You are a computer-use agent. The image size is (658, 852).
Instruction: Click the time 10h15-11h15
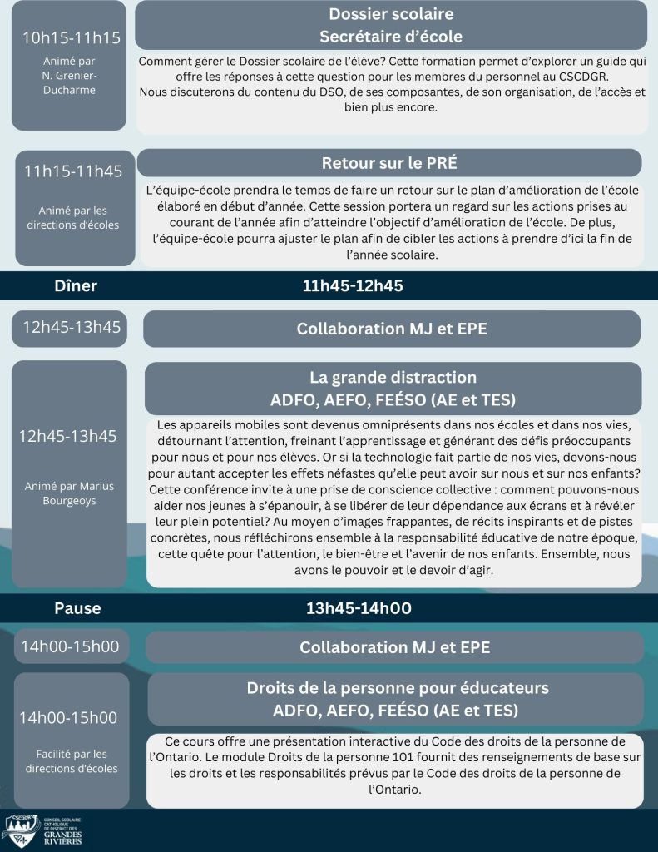(x=72, y=37)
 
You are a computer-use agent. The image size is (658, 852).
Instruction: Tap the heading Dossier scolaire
(x=391, y=14)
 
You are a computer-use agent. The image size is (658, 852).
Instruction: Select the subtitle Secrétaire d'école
(x=391, y=37)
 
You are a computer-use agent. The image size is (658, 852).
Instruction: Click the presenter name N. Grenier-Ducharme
(x=70, y=82)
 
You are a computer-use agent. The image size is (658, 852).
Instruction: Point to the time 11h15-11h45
(x=73, y=171)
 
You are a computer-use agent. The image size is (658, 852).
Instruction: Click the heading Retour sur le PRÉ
(x=389, y=163)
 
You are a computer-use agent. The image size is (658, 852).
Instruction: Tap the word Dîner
(x=76, y=286)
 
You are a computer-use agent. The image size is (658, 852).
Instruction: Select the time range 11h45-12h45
(x=353, y=286)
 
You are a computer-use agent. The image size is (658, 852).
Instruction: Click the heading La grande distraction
(x=393, y=377)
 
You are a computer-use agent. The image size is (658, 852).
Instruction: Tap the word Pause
(x=77, y=608)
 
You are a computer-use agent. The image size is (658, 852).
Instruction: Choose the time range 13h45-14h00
(x=359, y=608)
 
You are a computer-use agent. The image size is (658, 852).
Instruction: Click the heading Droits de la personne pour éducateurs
(x=398, y=688)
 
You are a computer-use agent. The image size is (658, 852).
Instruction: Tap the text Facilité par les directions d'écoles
(x=72, y=761)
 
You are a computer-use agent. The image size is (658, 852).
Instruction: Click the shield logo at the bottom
(x=22, y=830)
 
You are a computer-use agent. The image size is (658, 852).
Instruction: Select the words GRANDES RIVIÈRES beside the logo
(x=62, y=837)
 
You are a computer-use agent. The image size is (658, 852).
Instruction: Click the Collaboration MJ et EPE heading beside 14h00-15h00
(x=394, y=647)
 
